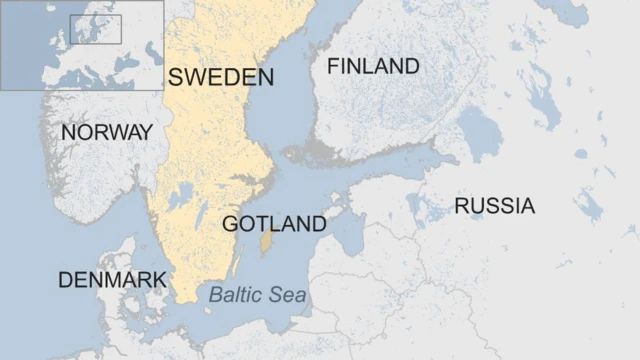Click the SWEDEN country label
[x=220, y=78]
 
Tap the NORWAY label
[x=106, y=132]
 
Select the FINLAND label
[x=373, y=67]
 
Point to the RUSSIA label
[x=494, y=207]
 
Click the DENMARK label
[x=111, y=280]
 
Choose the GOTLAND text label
[x=273, y=224]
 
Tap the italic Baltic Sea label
[x=258, y=295]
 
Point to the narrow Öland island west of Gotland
[x=237, y=264]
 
